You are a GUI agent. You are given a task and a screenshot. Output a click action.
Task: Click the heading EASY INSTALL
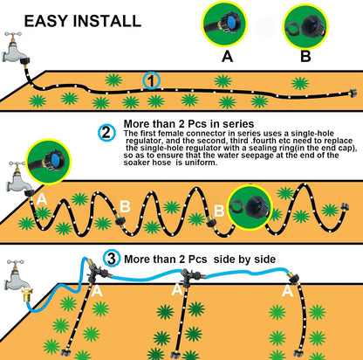(83, 21)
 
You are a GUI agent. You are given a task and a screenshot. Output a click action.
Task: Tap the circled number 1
(152, 80)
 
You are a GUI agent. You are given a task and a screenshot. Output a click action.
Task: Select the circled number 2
(106, 133)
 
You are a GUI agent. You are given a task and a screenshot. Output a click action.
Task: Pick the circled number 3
(112, 259)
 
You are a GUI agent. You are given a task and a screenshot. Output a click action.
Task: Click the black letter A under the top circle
(227, 56)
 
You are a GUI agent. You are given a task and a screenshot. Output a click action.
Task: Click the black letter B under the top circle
(305, 56)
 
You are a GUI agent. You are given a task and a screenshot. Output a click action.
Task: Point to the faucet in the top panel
(15, 48)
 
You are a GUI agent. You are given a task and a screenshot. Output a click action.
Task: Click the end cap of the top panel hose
(353, 93)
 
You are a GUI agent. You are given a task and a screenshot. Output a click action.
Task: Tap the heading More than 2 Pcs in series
(188, 124)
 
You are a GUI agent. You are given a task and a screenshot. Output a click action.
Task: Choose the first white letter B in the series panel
(125, 206)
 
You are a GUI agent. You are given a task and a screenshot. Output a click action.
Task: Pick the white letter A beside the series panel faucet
(42, 200)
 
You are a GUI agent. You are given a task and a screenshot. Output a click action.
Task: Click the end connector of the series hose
(345, 207)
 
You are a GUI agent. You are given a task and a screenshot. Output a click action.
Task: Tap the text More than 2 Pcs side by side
(200, 259)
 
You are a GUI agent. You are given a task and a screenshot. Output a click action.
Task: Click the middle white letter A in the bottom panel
(177, 290)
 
